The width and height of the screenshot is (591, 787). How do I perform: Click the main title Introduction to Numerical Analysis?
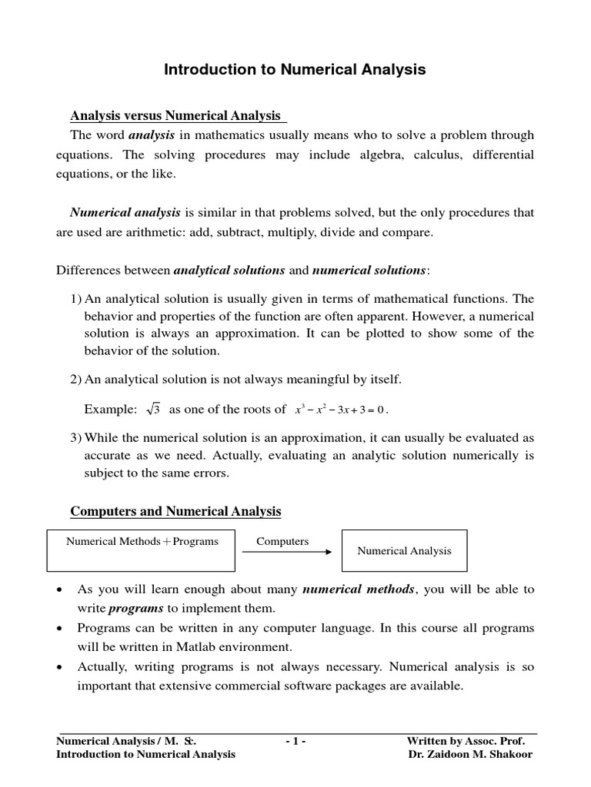295,70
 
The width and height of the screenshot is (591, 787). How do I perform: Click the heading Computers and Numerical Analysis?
175,511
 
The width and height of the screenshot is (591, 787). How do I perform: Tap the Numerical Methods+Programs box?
142,550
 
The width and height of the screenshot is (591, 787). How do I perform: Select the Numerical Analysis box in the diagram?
404,550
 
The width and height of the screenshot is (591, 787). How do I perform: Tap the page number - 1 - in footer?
295,741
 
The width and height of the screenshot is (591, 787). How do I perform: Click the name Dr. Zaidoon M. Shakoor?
470,754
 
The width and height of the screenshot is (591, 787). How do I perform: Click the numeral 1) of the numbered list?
76,298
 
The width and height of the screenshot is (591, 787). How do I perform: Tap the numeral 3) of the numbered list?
76,437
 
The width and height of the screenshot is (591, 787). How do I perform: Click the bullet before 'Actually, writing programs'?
61,667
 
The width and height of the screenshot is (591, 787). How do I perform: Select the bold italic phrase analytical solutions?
229,270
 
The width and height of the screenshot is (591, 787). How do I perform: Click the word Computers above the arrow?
282,541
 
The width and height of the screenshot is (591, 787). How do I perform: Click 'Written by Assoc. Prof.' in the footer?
466,741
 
